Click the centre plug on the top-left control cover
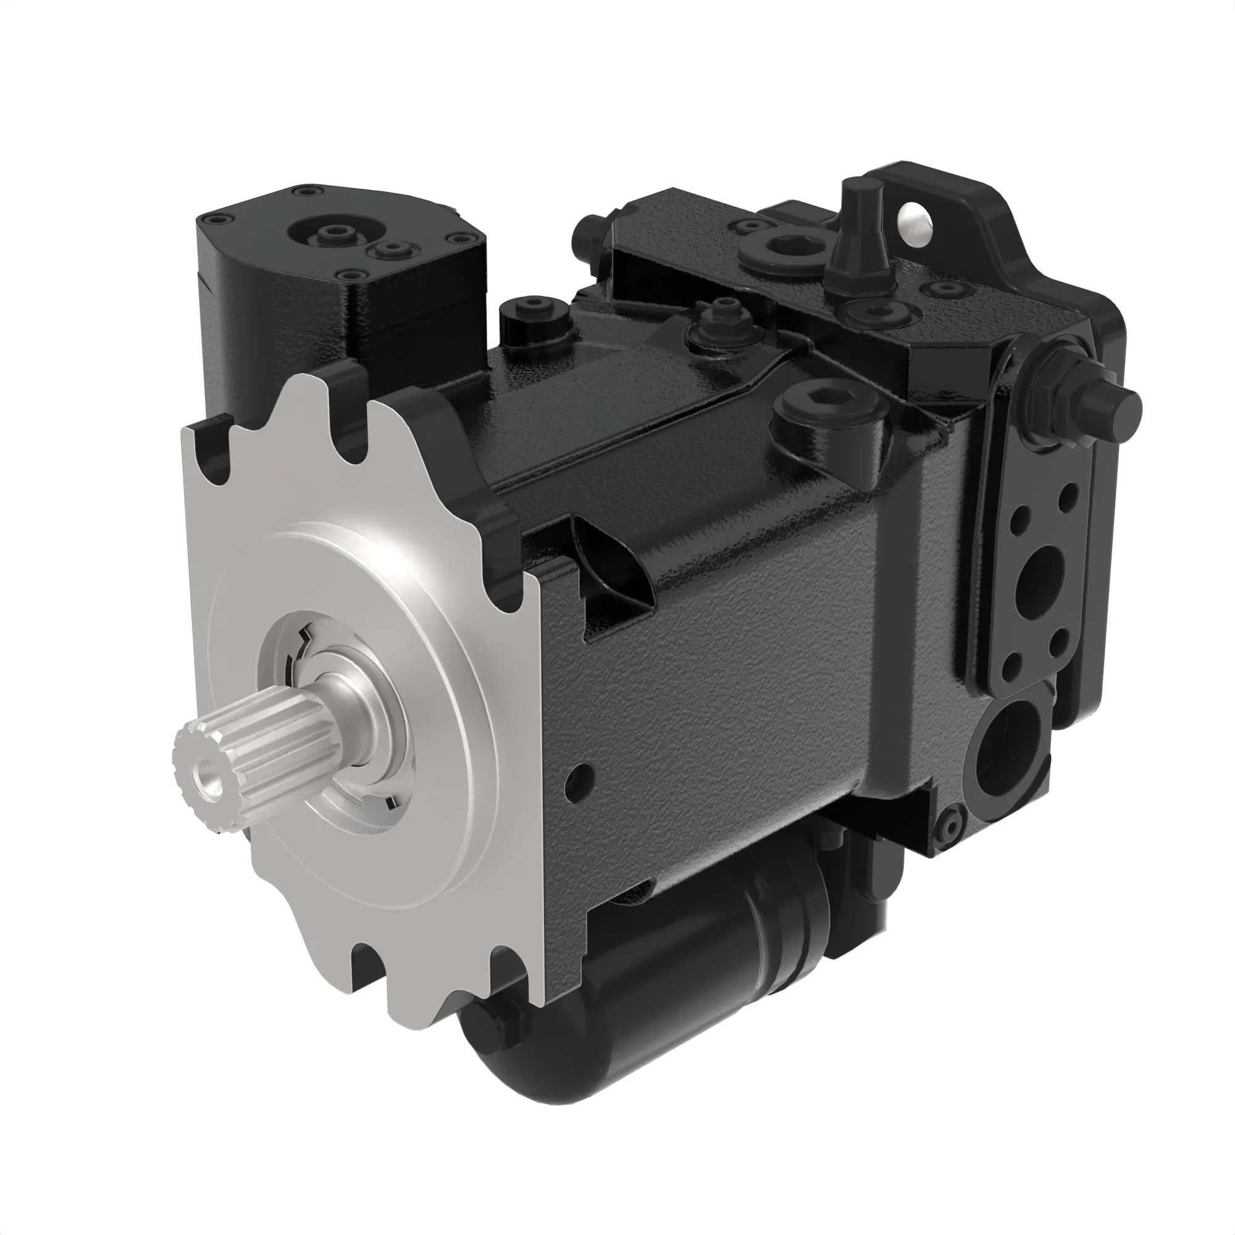[333, 233]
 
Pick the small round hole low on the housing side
[581, 776]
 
